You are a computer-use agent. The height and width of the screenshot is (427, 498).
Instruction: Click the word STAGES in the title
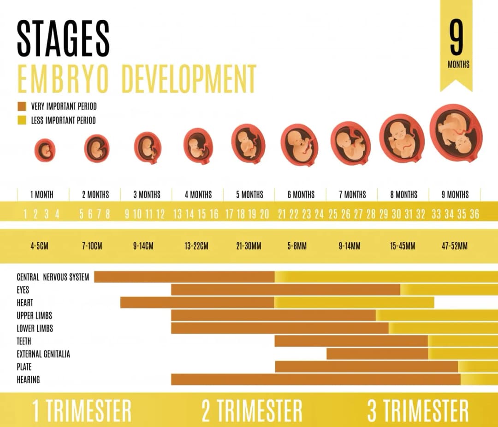click(x=63, y=39)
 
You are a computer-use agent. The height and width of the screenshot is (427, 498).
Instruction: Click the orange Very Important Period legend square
click(x=22, y=107)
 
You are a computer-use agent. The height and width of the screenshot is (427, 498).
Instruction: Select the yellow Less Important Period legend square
click(x=22, y=120)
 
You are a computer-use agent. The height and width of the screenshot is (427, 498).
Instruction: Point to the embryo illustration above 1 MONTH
click(x=45, y=150)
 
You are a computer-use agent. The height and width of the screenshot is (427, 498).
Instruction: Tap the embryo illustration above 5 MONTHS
click(x=248, y=143)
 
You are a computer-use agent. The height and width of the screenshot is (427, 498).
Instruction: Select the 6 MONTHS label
click(x=301, y=195)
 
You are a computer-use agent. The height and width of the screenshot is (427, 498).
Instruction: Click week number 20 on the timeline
click(x=264, y=214)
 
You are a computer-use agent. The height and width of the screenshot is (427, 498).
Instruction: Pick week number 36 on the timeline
click(x=474, y=214)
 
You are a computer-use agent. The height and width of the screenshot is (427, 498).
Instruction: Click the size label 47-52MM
click(x=454, y=246)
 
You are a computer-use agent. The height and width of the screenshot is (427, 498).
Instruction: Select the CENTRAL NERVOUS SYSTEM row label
click(x=53, y=277)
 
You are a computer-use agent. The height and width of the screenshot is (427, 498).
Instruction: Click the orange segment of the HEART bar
click(x=197, y=302)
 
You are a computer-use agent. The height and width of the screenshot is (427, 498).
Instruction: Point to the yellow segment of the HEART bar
click(x=354, y=302)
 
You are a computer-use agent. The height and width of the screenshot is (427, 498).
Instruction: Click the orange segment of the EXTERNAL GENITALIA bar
click(x=377, y=354)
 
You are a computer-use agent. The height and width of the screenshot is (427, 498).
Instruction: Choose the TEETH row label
click(x=24, y=341)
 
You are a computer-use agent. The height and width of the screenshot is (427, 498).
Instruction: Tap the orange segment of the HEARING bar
click(x=315, y=380)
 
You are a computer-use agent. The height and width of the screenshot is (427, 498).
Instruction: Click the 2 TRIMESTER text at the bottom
click(x=252, y=411)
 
